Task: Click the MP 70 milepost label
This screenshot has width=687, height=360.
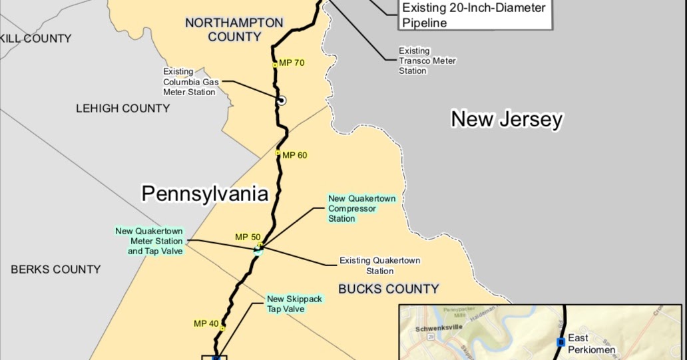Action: click(x=292, y=63)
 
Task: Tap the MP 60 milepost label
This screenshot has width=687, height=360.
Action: click(x=294, y=156)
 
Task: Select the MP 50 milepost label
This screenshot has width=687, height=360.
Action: click(x=248, y=237)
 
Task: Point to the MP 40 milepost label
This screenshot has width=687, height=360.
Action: click(x=206, y=324)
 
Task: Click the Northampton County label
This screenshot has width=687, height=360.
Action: click(x=234, y=30)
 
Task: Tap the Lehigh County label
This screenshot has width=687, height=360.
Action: click(x=122, y=108)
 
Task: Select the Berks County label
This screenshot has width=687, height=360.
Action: click(x=56, y=270)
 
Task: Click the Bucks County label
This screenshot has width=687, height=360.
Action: click(x=389, y=289)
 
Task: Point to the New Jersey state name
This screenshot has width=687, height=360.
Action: click(x=507, y=120)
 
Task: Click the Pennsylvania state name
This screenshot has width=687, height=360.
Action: click(x=205, y=194)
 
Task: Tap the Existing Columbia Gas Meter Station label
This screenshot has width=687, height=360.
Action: click(x=189, y=82)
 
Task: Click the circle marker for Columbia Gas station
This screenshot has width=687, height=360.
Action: click(x=282, y=101)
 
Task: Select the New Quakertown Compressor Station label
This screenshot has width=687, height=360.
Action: click(x=362, y=208)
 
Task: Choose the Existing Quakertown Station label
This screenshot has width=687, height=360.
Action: click(x=380, y=266)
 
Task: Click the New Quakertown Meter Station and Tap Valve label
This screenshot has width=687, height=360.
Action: click(x=149, y=242)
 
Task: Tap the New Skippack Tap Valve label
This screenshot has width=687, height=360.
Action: click(x=294, y=304)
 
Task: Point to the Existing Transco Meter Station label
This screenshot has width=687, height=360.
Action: click(x=427, y=61)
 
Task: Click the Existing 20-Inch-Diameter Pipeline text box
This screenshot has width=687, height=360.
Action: click(x=474, y=15)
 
